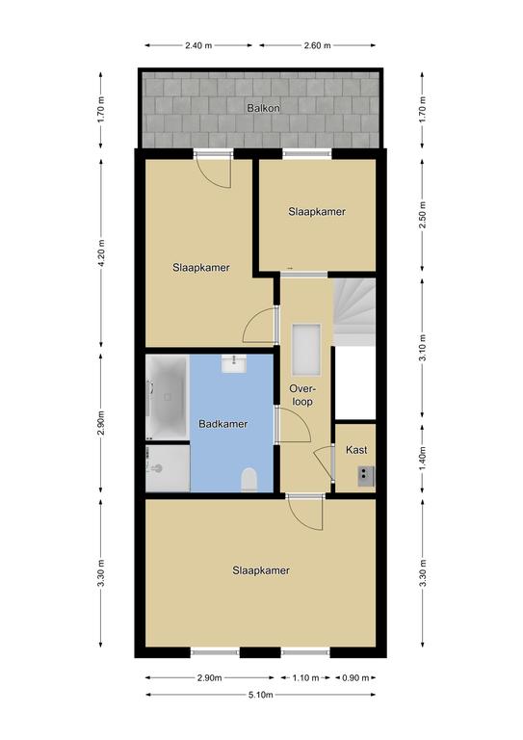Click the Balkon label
(x=263, y=108)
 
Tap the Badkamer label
(x=223, y=424)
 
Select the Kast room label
(x=356, y=450)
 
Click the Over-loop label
(x=302, y=395)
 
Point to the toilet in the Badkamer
(x=249, y=480)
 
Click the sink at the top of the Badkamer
(x=233, y=364)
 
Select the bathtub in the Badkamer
(x=167, y=397)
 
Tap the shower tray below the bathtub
(x=168, y=468)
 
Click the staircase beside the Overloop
(x=354, y=311)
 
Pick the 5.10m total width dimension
(x=260, y=695)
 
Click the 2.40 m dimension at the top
(x=198, y=45)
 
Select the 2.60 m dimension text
(x=317, y=45)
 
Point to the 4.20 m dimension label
(x=101, y=253)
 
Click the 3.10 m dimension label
(x=423, y=348)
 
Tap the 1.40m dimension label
(x=423, y=458)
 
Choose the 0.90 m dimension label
(x=355, y=678)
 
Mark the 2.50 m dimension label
(x=423, y=215)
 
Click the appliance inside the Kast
(x=366, y=476)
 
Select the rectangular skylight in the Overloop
(x=306, y=350)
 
